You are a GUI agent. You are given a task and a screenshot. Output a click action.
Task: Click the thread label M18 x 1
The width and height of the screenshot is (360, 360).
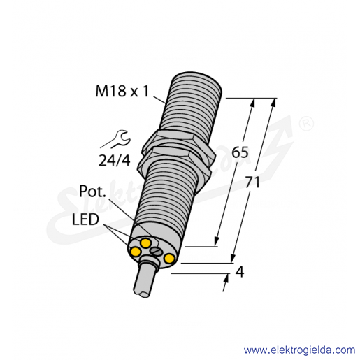(x=122, y=91)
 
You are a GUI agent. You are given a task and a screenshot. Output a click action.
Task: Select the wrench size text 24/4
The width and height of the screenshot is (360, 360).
(x=114, y=160)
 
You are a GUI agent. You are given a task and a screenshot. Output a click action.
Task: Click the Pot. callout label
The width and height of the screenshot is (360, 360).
(x=92, y=192)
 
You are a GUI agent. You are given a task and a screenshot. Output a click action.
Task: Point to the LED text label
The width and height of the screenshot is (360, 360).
(x=85, y=219)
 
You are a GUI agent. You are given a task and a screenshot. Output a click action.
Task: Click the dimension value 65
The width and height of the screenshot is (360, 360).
(x=240, y=152)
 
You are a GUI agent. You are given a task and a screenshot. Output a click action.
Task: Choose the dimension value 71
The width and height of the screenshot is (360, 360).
(x=252, y=182)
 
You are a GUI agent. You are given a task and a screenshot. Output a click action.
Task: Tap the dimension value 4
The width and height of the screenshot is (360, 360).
(x=240, y=271)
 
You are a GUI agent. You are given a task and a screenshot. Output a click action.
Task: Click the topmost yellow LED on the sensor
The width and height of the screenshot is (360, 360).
(x=145, y=243)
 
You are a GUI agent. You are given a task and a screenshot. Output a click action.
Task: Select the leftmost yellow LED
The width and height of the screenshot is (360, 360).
(x=136, y=252)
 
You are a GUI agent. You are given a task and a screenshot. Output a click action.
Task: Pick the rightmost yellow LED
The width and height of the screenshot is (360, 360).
(x=169, y=259)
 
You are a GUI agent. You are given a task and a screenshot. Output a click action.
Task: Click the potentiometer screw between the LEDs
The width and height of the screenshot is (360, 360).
(x=155, y=251)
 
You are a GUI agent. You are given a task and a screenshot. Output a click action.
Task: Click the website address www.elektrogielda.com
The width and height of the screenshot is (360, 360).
(x=299, y=350)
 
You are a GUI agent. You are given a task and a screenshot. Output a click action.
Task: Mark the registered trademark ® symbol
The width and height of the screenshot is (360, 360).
(x=306, y=124)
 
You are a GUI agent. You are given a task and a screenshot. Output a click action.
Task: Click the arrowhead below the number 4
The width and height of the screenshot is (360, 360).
(x=226, y=278)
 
